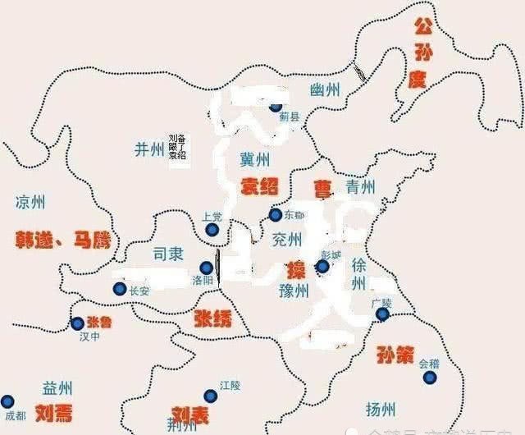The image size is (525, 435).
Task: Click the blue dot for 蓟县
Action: (x=276, y=106)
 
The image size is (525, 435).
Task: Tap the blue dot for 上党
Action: (x=212, y=231)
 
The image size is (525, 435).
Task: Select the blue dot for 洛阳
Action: (x=206, y=267)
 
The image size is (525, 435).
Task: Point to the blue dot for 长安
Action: (x=120, y=289)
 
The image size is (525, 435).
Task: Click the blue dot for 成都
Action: (x=7, y=401)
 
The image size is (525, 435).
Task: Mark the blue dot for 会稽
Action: (x=427, y=378)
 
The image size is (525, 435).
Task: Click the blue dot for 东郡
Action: (x=276, y=215)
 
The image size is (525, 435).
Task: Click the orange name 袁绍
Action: (x=258, y=187)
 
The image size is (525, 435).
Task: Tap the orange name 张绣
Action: (x=212, y=318)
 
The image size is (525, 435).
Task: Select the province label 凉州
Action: (x=30, y=202)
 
